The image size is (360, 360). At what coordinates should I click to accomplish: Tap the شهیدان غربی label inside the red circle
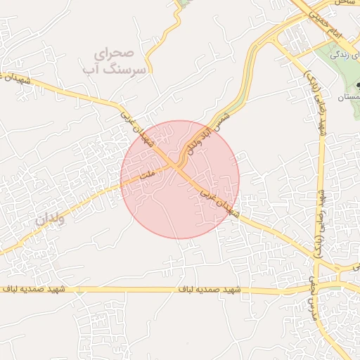[219, 201]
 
